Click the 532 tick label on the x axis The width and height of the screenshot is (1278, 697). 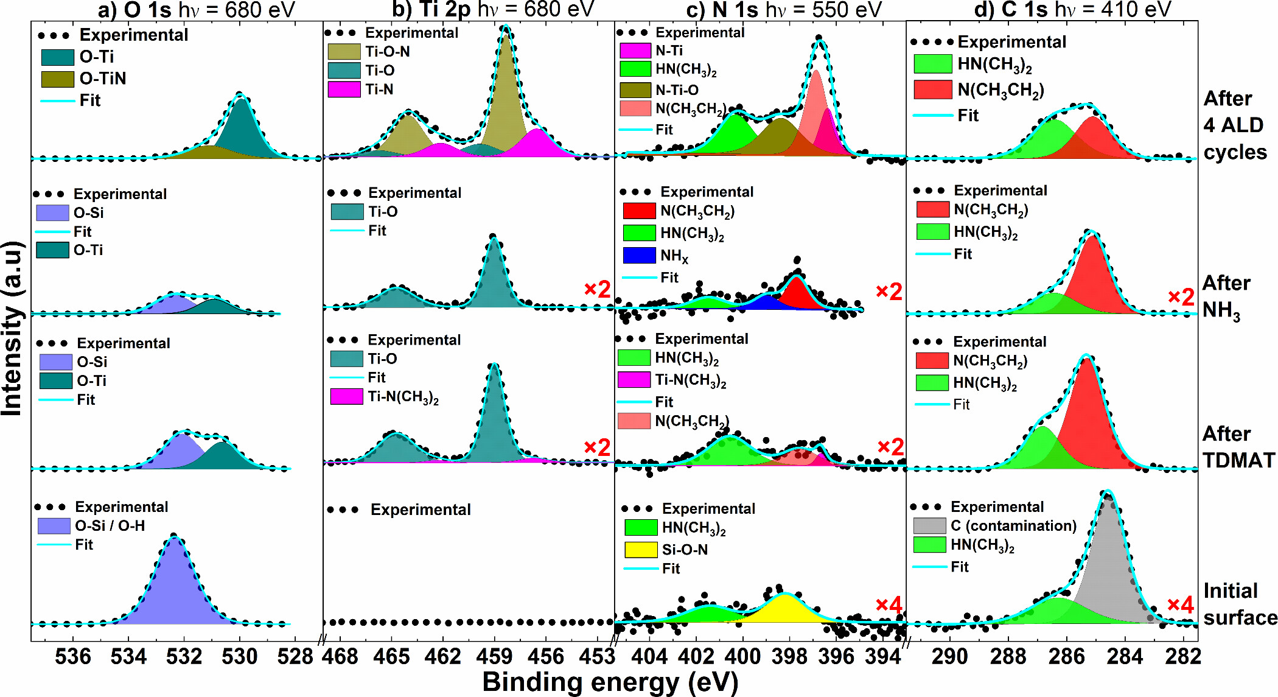[x=184, y=657]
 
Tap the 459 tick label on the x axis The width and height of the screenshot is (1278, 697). [x=494, y=657]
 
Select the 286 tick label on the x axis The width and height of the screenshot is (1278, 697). [x=1067, y=657]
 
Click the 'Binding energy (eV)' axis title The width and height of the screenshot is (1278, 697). [x=610, y=682]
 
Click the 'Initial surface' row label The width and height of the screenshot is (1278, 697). [x=1239, y=604]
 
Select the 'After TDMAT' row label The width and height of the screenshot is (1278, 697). [x=1238, y=447]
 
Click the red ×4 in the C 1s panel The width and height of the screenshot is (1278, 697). [x=1180, y=604]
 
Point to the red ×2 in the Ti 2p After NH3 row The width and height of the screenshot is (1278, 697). [x=597, y=289]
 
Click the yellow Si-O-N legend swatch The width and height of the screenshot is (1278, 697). [x=641, y=550]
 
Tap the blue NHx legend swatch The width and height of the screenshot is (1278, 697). [x=639, y=256]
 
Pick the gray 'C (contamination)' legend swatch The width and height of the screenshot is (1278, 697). [x=929, y=525]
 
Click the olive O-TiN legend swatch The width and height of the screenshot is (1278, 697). [x=58, y=79]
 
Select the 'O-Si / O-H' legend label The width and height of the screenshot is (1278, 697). [x=110, y=525]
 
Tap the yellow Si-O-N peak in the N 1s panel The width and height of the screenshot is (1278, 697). [x=786, y=609]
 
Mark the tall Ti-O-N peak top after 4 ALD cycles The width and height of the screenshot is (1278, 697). [x=505, y=37]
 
